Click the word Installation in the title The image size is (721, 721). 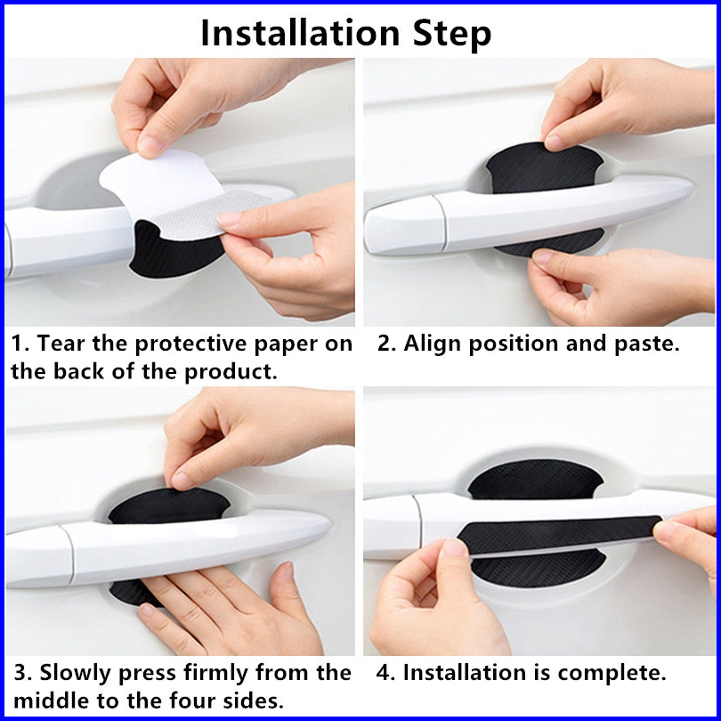300,33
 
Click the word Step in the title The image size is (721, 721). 452,34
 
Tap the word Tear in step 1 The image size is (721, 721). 61,343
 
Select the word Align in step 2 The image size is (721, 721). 432,344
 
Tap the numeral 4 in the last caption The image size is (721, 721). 383,673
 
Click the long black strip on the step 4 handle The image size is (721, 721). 559,535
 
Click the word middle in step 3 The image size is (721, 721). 51,701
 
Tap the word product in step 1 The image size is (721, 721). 231,372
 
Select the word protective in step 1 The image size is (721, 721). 191,344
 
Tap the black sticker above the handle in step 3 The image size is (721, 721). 169,506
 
